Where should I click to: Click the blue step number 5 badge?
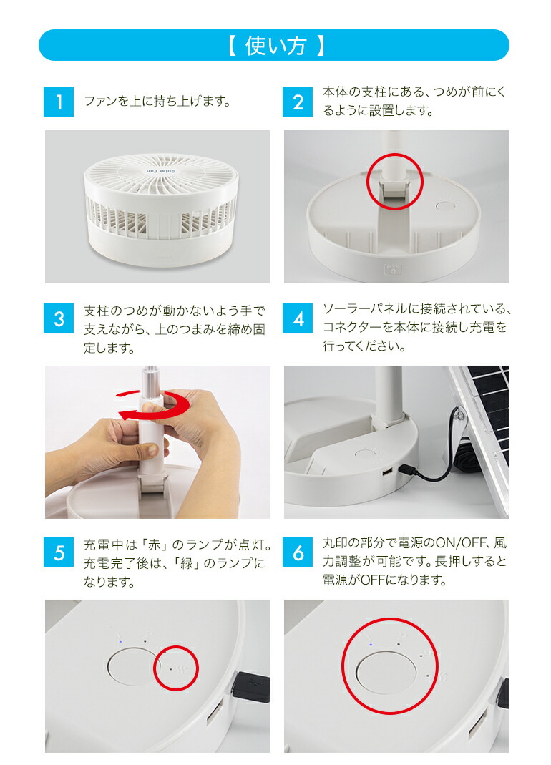[x=59, y=552]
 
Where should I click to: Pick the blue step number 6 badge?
[x=298, y=552]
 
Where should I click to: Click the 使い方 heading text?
[x=275, y=46]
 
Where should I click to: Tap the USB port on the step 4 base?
[x=387, y=474]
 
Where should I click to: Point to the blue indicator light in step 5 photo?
[x=121, y=641]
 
